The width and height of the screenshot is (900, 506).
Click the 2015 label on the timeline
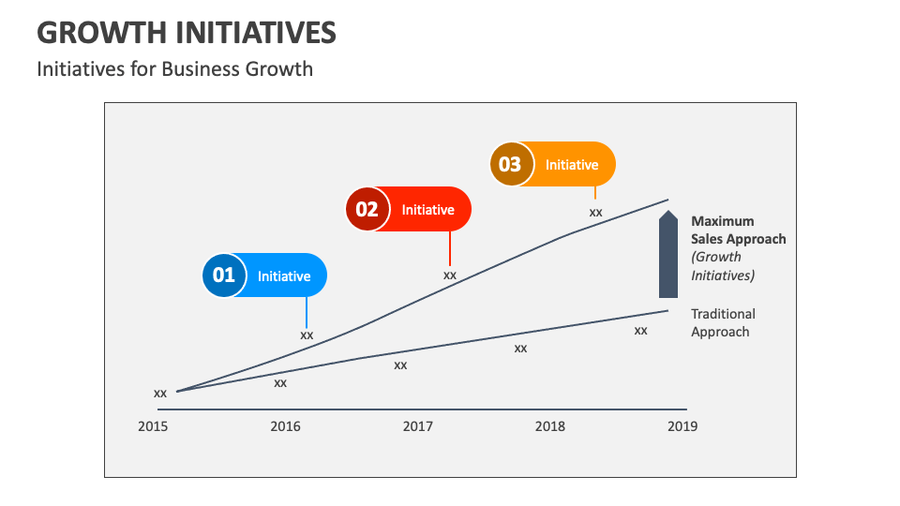pos(153,426)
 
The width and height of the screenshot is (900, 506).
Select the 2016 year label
pos(285,426)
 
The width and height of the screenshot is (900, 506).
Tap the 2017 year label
pos(418,426)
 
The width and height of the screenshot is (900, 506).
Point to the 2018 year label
pos(550,426)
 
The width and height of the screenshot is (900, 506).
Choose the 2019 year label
pos(682,426)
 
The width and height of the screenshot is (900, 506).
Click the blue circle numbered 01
pos(224,275)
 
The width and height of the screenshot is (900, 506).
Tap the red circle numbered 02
pos(367,209)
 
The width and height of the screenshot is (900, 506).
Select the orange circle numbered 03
pos(510,164)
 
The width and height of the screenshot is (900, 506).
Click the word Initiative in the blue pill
pos(284,276)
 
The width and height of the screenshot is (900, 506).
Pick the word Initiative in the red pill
pos(427,210)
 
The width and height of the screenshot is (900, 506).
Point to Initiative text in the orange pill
pos(572,165)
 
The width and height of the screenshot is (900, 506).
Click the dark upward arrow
pos(667,255)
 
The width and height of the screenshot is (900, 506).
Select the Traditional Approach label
pos(723,322)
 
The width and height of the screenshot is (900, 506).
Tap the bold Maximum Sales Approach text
pos(738,231)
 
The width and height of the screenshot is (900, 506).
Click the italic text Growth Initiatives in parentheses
pos(723,266)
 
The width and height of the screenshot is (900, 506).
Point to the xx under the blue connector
pos(307,335)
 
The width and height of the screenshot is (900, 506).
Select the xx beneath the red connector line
pos(450,275)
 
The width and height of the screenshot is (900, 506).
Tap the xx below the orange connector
pos(595,212)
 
